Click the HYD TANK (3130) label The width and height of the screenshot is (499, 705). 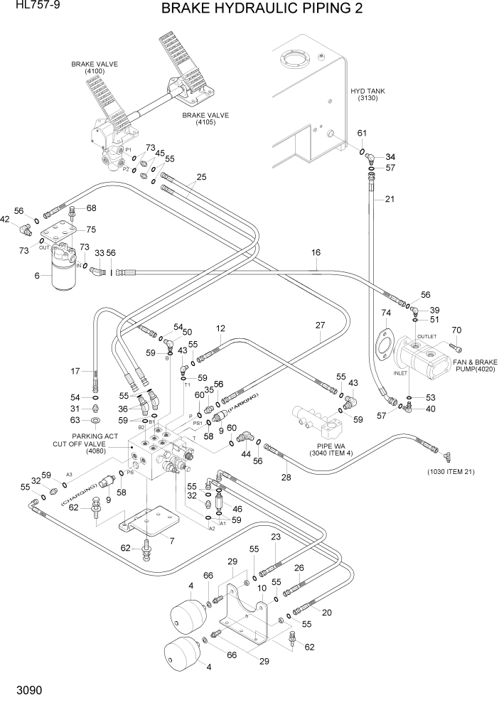point(368,95)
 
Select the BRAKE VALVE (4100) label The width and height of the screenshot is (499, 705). point(94,68)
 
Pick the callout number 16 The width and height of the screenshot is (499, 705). point(316,252)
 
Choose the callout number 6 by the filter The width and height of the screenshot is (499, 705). point(37,276)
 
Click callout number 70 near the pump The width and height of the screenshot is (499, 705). point(456,330)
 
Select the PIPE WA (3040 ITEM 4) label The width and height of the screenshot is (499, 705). point(326,449)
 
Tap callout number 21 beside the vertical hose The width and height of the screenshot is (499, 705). point(389,199)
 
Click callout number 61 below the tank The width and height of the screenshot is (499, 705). point(362,133)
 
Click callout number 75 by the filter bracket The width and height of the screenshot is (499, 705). point(90,229)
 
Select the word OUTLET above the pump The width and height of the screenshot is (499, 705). point(426,336)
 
